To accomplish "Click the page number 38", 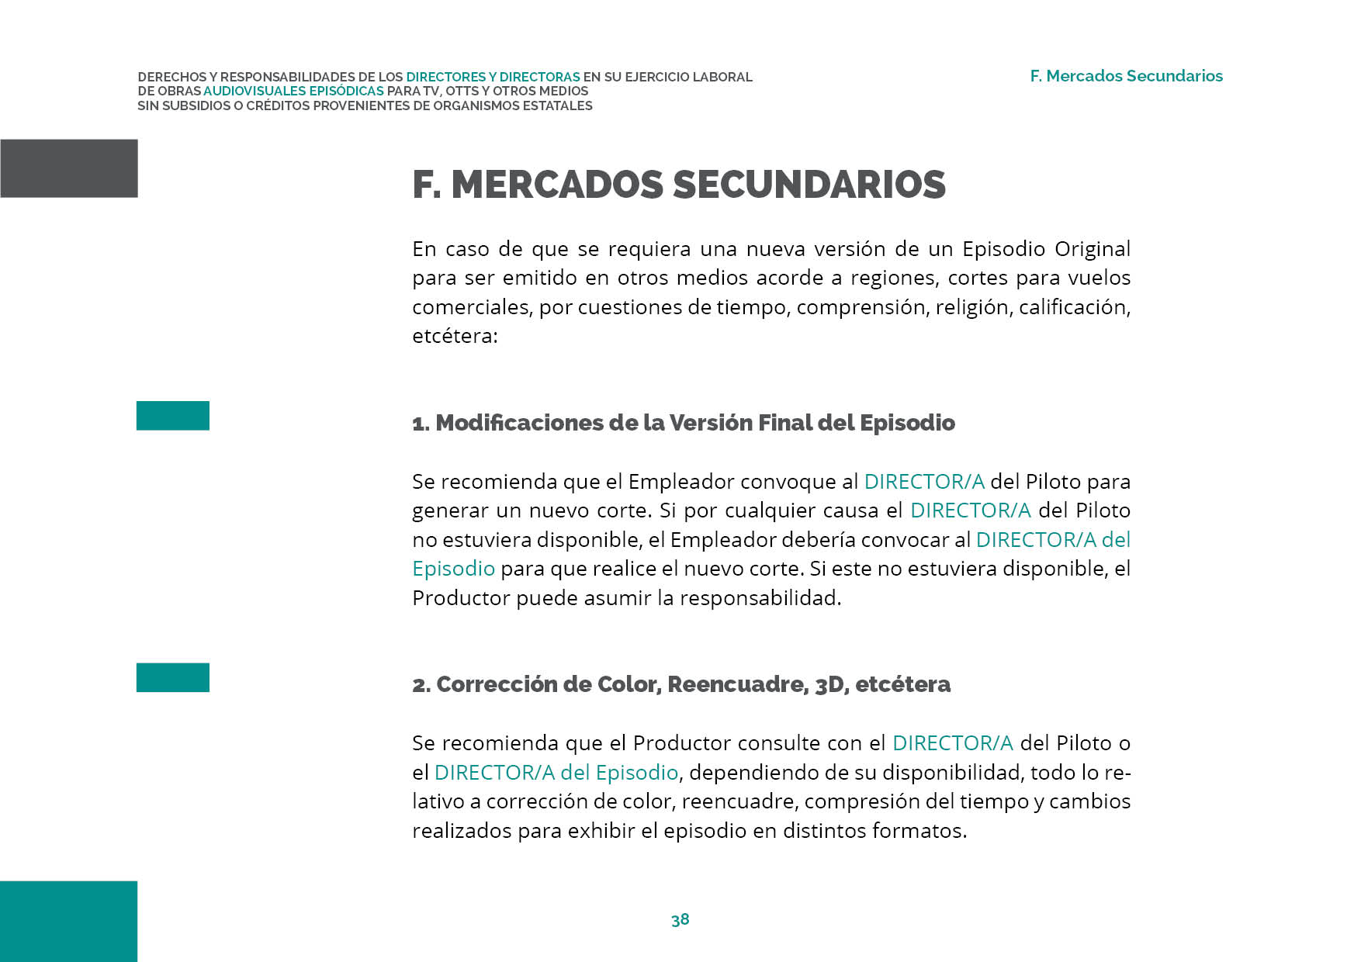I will coord(680,919).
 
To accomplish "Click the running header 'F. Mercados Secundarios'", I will coord(1126,76).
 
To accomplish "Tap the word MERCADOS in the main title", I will coord(556,185).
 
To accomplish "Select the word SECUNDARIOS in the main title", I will coord(809,185).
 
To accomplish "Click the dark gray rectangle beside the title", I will coord(69,168).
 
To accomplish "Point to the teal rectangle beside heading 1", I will coord(173,416).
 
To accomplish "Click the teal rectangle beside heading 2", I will coord(173,677).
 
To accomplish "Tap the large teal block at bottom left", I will coord(68,921).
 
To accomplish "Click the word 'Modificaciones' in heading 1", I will coord(518,423).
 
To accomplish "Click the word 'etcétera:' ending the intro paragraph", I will coord(455,336).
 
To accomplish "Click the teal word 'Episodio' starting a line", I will coord(453,569).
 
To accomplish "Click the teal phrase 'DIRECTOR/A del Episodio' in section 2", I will coord(556,773).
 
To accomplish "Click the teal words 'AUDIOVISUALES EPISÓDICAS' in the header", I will coord(293,91).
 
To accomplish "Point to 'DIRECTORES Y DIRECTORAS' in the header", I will coord(493,77).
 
